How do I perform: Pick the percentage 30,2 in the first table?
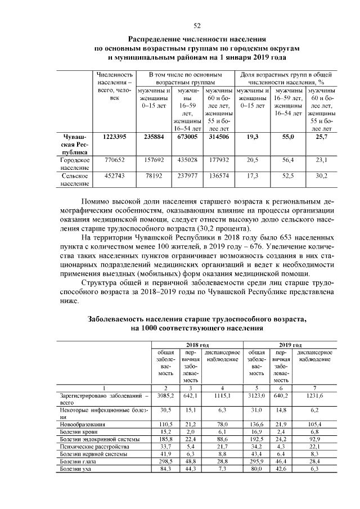(x=321, y=176)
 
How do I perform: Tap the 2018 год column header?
(x=197, y=344)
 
